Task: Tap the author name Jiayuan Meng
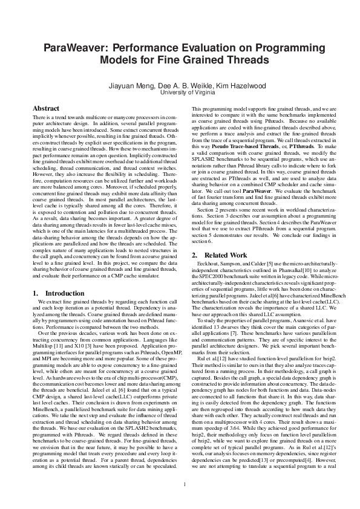[x=130, y=86]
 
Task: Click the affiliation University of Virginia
[x=180, y=93]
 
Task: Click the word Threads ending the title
[x=245, y=61]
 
